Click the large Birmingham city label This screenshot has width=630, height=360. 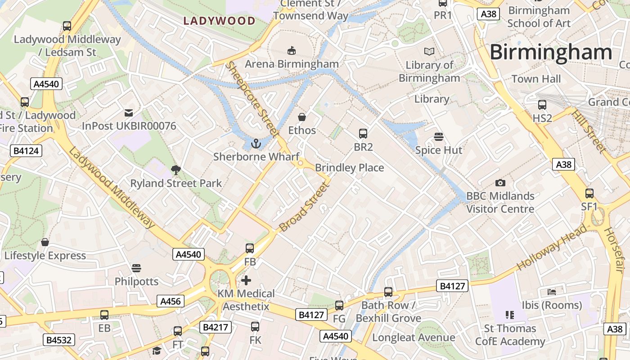coord(550,52)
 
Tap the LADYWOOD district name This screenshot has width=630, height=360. coord(220,21)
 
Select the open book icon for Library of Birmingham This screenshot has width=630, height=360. coord(429,52)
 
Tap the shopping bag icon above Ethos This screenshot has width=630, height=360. coord(302,117)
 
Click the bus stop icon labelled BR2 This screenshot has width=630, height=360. coord(363,133)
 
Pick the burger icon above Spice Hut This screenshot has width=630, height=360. coord(439,136)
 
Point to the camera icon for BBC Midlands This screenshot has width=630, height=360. coord(500,183)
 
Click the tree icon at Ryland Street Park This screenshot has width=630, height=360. coord(175,170)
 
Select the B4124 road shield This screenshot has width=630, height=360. coord(26,151)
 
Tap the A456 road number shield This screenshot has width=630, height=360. coord(171,301)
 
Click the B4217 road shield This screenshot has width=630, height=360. coord(216,327)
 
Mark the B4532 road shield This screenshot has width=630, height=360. coord(59,340)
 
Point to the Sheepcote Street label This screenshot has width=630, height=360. coord(252,99)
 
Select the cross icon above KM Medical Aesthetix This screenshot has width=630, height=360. coord(246,280)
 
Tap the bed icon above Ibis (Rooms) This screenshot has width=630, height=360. coord(552,292)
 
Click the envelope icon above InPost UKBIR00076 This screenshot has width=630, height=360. coord(129,112)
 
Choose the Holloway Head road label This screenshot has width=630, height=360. coord(552,247)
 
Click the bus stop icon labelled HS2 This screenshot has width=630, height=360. coord(542,105)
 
